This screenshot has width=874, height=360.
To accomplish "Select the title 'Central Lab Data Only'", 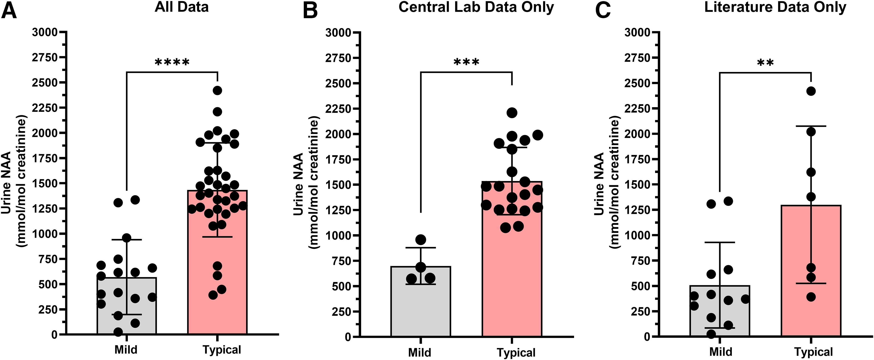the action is click(476, 7).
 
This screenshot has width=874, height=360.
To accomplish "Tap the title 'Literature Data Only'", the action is click(775, 7).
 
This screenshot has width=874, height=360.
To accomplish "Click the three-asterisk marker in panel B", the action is click(466, 62).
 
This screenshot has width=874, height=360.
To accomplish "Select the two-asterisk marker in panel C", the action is click(765, 63).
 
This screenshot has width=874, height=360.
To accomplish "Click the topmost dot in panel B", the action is click(512, 113).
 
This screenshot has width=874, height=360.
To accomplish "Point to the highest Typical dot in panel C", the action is click(811, 91).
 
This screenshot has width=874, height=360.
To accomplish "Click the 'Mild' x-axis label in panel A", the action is click(126, 349).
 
